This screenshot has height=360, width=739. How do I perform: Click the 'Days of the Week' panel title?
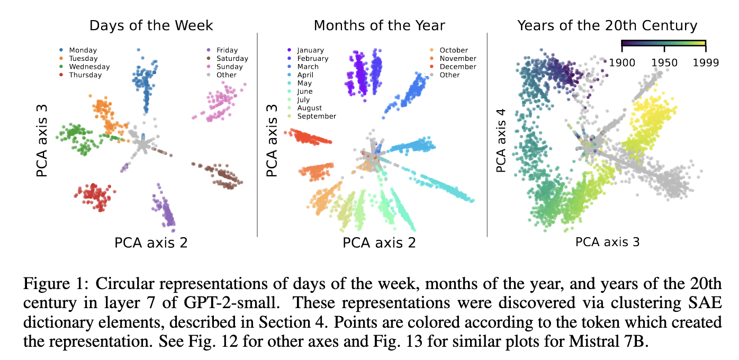click(151, 26)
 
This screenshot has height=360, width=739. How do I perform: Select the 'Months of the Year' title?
click(379, 26)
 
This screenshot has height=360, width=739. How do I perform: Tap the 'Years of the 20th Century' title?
click(607, 26)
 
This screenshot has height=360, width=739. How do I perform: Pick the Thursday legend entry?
click(80, 75)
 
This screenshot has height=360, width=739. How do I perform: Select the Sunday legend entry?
click(224, 67)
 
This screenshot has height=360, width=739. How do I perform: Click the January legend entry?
click(305, 50)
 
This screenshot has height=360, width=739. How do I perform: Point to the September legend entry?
click(311, 116)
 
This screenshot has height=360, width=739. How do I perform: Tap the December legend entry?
click(453, 67)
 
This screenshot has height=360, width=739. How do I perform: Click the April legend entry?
click(300, 75)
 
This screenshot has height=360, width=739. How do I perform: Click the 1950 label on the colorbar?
click(664, 62)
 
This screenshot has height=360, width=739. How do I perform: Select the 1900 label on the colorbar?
click(622, 62)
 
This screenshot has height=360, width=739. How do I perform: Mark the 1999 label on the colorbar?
click(706, 62)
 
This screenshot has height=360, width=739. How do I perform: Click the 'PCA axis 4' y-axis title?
click(501, 141)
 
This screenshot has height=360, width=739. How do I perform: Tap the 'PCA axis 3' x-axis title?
click(607, 242)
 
